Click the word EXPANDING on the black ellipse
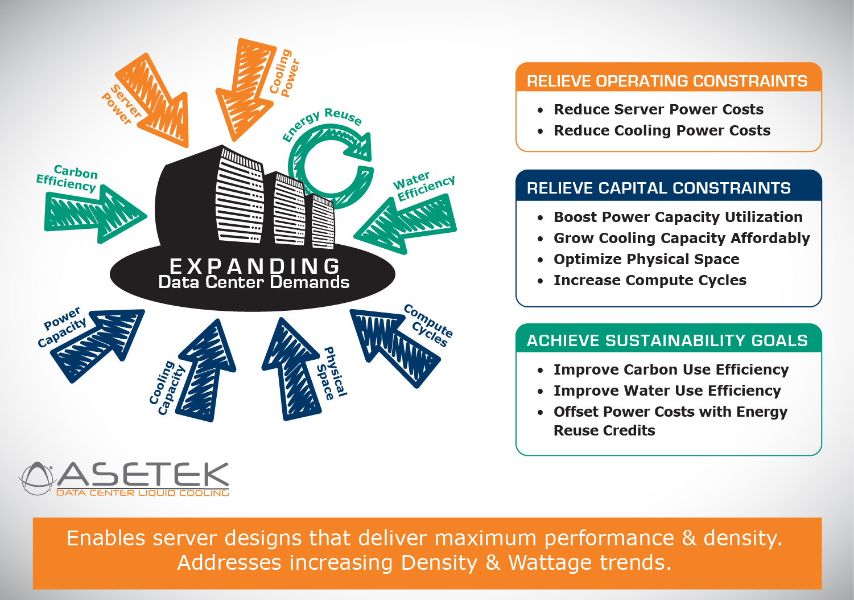click(255, 266)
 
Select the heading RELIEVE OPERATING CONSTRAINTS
click(667, 81)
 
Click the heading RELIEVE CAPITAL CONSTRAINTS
click(658, 188)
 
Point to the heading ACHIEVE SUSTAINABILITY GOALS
click(667, 341)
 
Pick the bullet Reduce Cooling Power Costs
click(662, 131)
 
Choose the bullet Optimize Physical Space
click(646, 260)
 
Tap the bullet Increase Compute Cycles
click(650, 281)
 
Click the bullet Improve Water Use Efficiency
click(667, 391)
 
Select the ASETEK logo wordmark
click(142, 475)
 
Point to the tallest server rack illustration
click(239, 196)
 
